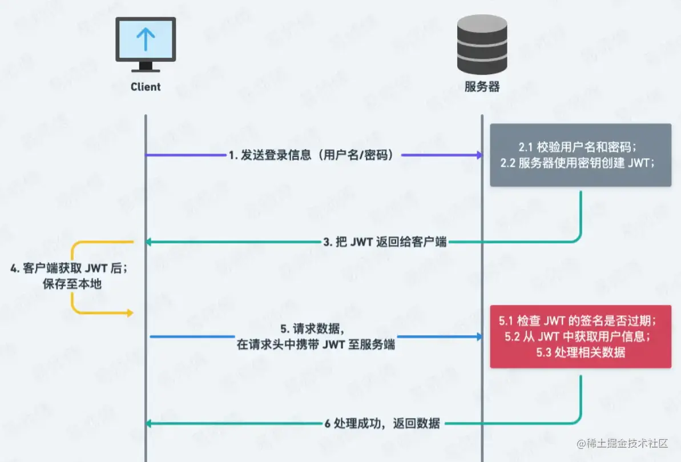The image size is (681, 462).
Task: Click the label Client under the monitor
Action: [146, 87]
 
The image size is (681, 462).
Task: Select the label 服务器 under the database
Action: [482, 87]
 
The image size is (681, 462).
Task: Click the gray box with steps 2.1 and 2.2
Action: [581, 155]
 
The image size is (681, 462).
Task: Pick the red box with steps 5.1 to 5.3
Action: [581, 337]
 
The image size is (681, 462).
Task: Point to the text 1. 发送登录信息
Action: [268, 155]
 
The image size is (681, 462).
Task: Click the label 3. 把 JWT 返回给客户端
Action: [385, 242]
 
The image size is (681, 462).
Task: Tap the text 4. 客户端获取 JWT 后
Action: [68, 268]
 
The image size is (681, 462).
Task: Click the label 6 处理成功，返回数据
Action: [382, 423]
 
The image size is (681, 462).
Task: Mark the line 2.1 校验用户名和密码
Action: [581, 146]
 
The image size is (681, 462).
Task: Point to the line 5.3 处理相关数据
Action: [581, 352]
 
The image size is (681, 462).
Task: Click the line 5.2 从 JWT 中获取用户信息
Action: [581, 337]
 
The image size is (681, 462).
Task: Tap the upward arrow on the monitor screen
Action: [146, 38]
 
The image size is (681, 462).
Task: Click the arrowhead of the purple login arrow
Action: [478, 155]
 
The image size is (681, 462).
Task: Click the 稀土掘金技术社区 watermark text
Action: [622, 444]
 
